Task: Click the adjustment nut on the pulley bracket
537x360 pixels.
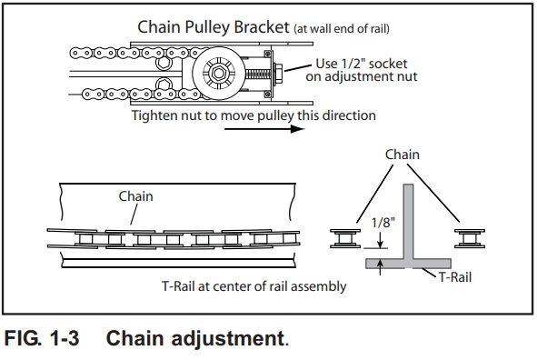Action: pos(278,73)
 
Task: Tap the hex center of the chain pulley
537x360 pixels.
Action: pos(218,73)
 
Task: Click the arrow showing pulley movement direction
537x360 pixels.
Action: pos(264,129)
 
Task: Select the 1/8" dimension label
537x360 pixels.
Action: pos(383,223)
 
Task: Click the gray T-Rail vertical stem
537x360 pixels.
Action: pos(408,221)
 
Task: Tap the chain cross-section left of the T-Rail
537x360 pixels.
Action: pos(345,238)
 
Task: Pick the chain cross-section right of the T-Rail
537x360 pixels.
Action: pos(470,238)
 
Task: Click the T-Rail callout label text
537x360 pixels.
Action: pos(455,277)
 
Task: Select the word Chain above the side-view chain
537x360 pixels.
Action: pos(135,196)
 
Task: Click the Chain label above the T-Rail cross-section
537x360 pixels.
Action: pos(402,155)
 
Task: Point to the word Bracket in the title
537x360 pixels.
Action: pos(262,26)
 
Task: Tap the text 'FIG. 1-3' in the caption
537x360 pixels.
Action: pos(42,338)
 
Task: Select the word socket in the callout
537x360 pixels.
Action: pos(388,64)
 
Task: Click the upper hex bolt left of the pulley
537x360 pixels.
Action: pos(163,63)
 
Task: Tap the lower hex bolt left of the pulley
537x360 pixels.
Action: pos(163,84)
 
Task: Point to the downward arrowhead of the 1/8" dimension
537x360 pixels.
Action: pos(380,244)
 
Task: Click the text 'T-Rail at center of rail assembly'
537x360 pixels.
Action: pos(254,286)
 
